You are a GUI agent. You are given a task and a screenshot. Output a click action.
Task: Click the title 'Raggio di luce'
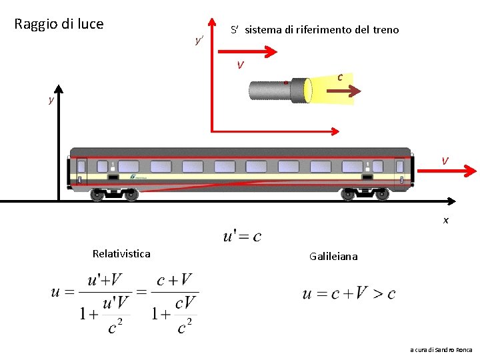59,24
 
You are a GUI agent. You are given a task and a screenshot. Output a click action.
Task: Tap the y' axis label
199,41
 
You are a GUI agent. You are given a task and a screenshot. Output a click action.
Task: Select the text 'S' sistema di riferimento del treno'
315,30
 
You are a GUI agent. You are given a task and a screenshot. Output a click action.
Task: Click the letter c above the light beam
340,77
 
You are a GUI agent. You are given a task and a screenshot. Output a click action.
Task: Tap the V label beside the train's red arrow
445,161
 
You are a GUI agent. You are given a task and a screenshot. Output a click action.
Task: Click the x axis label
446,220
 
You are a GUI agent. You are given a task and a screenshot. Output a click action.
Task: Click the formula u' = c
241,236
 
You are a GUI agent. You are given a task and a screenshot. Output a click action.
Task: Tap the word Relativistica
121,253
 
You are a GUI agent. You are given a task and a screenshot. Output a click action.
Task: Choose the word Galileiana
333,256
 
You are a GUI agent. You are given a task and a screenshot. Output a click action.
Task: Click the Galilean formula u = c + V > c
349,293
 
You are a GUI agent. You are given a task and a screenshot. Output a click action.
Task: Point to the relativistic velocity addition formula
124,303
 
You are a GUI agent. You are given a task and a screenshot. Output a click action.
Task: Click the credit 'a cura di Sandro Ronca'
441,349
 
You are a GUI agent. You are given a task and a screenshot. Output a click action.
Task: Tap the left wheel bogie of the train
115,194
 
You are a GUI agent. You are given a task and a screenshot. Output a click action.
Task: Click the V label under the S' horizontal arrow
240,65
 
